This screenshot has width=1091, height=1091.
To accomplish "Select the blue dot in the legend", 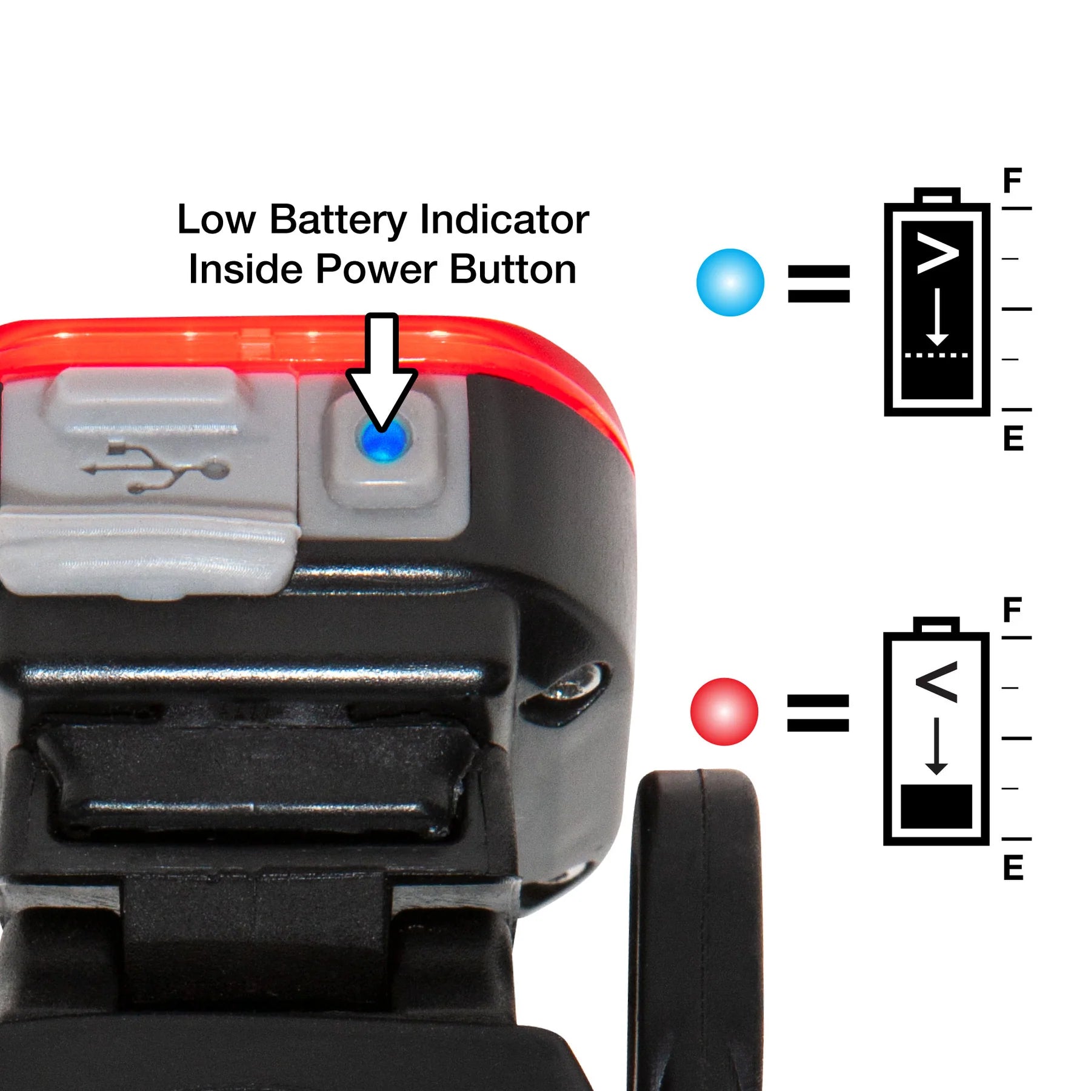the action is point(730,282).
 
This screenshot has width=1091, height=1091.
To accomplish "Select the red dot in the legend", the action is point(724,712).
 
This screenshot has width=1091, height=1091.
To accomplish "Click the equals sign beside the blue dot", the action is point(819,284).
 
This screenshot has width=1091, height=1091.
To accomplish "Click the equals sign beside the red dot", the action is point(818,713).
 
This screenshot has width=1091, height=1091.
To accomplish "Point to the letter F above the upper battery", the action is point(1012,180).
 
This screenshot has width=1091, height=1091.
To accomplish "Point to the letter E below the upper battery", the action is point(1013,438).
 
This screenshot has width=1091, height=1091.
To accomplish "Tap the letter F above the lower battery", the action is point(1012,609).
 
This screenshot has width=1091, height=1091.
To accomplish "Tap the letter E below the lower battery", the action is point(1013,867).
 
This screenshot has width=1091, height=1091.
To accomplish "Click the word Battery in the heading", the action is point(338,221).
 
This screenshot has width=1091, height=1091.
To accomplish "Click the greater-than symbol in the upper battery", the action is point(938,253).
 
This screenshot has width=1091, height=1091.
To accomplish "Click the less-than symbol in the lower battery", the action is point(936,682).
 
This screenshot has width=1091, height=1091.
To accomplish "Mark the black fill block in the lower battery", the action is point(936,807).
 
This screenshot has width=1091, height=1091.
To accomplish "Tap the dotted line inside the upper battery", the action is point(937,355).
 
